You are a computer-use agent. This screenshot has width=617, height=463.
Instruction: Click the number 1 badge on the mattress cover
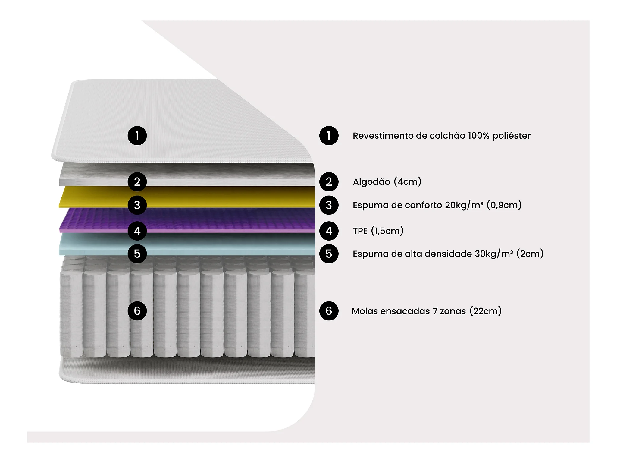tap(137, 136)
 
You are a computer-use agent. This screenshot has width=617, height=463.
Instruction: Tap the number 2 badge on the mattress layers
tap(137, 181)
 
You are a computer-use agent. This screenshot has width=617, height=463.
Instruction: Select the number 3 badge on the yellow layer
tap(137, 205)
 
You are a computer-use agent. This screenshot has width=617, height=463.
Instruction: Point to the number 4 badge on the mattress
tap(137, 231)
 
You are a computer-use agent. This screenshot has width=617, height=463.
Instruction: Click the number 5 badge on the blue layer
tap(137, 254)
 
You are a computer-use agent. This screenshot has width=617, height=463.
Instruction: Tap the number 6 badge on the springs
tap(137, 311)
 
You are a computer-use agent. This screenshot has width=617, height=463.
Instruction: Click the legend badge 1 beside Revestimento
tap(329, 136)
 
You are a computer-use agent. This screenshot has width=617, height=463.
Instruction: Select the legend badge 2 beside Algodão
tap(329, 181)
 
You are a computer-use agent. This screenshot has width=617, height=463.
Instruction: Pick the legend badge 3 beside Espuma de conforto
tap(329, 205)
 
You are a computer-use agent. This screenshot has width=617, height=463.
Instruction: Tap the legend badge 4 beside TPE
tap(329, 231)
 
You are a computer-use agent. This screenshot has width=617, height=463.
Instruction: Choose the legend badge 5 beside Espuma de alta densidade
tap(329, 254)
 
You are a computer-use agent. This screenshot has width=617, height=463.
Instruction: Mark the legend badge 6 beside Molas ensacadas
tap(329, 311)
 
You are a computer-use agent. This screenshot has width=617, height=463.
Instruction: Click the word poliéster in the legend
tap(511, 136)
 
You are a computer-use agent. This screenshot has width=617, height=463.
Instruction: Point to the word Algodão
tap(371, 182)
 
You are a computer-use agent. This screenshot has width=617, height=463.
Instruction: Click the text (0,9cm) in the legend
tap(504, 205)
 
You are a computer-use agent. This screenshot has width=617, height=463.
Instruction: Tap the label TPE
tap(360, 231)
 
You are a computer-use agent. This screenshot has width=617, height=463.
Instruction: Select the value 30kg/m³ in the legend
tap(494, 254)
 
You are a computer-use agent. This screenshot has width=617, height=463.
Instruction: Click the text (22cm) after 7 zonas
tap(485, 311)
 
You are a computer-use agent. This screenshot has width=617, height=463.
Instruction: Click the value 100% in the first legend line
tap(478, 136)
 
